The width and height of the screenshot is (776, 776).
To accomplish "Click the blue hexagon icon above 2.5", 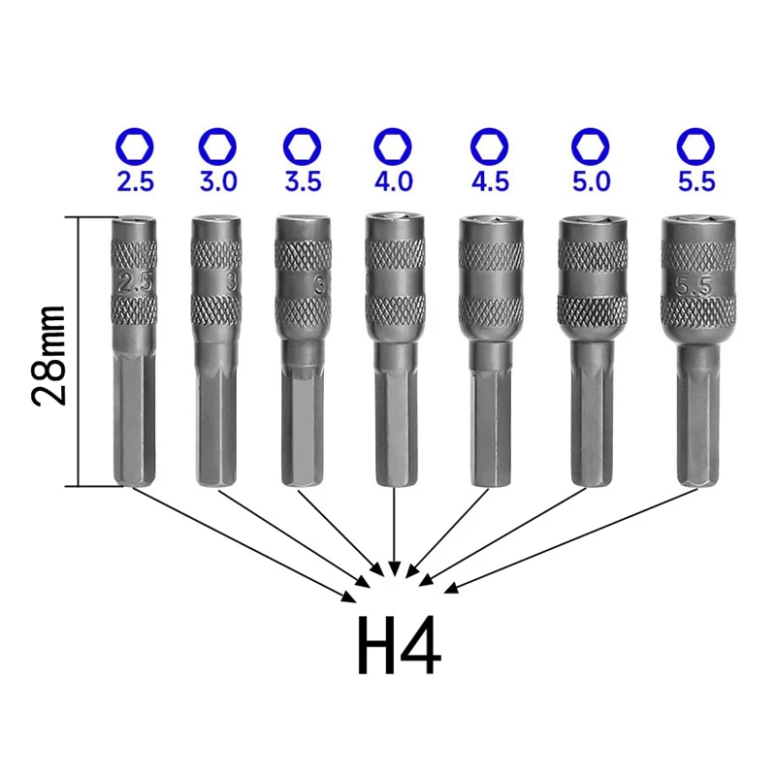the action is click(x=135, y=146).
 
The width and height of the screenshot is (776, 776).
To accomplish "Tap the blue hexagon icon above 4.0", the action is click(x=393, y=146).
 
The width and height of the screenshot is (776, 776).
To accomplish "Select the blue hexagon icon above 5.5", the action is click(x=695, y=146).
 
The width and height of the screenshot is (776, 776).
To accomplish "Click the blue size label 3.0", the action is click(x=218, y=181).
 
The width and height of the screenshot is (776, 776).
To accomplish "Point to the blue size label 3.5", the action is click(x=303, y=181).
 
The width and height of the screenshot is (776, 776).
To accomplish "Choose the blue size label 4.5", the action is click(x=490, y=181).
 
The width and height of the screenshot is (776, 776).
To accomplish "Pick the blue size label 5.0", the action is click(x=592, y=181).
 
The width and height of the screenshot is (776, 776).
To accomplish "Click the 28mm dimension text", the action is click(x=48, y=355).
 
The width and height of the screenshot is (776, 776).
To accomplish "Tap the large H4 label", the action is click(x=399, y=645).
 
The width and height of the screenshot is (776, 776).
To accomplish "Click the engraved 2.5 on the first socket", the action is click(x=135, y=282).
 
